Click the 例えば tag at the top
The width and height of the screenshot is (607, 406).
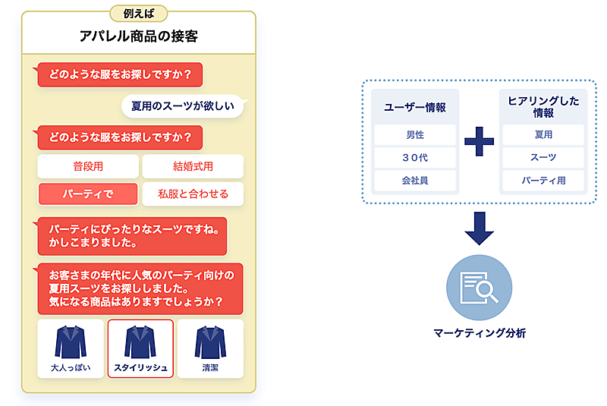138,13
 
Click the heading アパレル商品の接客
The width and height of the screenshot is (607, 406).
138,36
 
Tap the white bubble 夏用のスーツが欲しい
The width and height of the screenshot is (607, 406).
183,106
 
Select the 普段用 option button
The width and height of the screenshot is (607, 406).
88,166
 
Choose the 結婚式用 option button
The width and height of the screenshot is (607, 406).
193,166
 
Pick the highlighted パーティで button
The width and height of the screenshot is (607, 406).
88,194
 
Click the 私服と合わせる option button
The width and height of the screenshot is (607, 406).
193,194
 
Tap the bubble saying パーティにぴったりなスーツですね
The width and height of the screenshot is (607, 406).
132,236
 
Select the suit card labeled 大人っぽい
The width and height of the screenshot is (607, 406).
71,348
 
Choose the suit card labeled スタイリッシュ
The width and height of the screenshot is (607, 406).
140,348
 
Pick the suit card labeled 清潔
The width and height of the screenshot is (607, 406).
210,348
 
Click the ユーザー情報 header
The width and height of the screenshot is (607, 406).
415,107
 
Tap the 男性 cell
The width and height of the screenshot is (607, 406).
415,135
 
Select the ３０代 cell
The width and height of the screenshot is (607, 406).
415,158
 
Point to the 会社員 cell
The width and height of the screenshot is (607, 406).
415,181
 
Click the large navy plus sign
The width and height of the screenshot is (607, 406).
479,141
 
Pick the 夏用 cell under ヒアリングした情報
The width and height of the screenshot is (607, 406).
543,135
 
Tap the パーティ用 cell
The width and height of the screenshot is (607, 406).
543,181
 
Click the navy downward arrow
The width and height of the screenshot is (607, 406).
479,228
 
